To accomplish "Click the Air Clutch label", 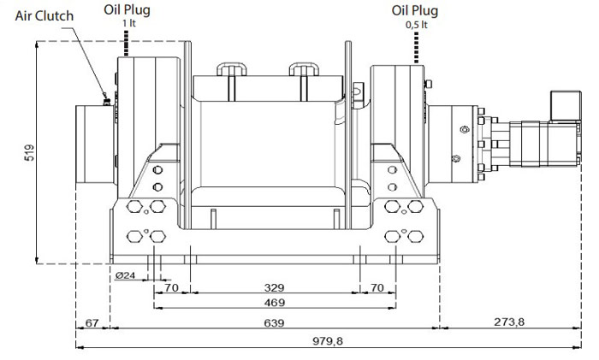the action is pyautogui.click(x=44, y=16).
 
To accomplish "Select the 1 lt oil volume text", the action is pyautogui.click(x=129, y=23).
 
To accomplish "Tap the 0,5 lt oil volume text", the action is pyautogui.click(x=416, y=25).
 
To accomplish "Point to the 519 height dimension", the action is pyautogui.click(x=29, y=152).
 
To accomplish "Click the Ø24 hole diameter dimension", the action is pyautogui.click(x=125, y=274).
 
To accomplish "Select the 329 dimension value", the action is pyautogui.click(x=275, y=287).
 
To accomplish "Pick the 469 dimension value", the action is pyautogui.click(x=275, y=303).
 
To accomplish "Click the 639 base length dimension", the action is pyautogui.click(x=275, y=323).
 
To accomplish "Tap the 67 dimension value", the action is pyautogui.click(x=92, y=323).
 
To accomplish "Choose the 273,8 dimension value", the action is pyautogui.click(x=509, y=322).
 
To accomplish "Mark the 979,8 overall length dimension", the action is pyautogui.click(x=328, y=340).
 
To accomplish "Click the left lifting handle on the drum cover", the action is pyautogui.click(x=232, y=69).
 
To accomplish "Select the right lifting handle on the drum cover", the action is pyautogui.click(x=304, y=69).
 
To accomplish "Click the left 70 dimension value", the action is pyautogui.click(x=171, y=287).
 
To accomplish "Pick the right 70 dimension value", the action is pyautogui.click(x=377, y=287).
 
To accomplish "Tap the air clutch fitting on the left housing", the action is pyautogui.click(x=106, y=101).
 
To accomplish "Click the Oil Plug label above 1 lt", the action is pyautogui.click(x=127, y=9).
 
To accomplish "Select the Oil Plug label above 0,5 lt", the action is pyautogui.click(x=415, y=11).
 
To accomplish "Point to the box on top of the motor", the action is pyautogui.click(x=566, y=106).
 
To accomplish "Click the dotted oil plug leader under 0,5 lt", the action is pyautogui.click(x=417, y=47).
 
